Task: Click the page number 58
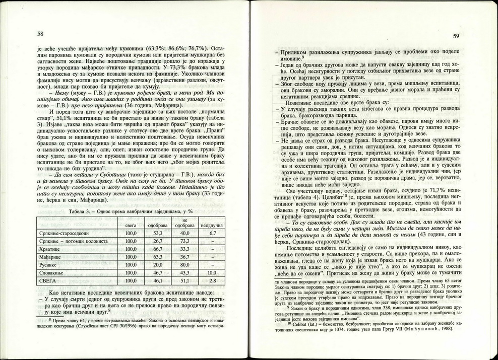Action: click(x=41, y=34)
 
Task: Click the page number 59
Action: click(x=456, y=36)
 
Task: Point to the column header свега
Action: click(x=131, y=226)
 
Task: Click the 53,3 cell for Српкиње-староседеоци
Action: click(x=157, y=234)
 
